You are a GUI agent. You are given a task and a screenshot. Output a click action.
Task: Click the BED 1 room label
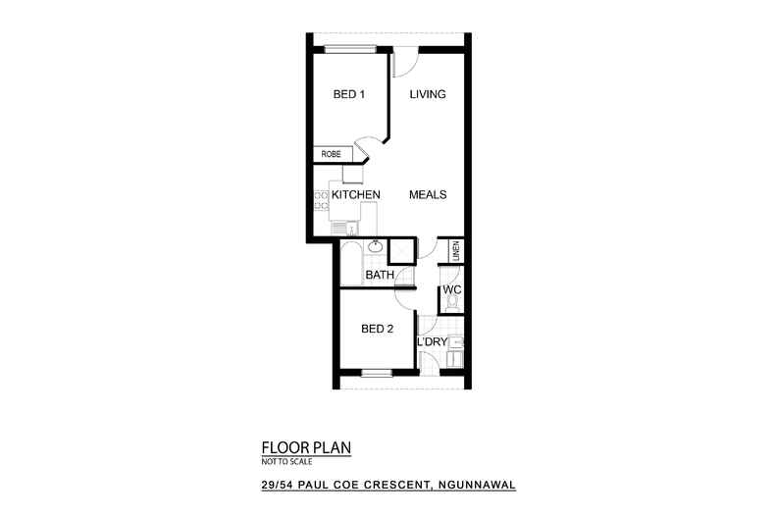[x=349, y=95]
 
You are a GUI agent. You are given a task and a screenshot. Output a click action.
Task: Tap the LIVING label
[x=428, y=95]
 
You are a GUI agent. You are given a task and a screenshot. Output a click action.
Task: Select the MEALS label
[x=428, y=195]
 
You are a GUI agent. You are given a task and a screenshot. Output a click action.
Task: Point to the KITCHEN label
[x=355, y=195]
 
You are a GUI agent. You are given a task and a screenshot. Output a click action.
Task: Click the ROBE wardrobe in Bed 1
[x=331, y=154]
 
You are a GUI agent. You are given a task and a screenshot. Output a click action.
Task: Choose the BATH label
[x=380, y=276]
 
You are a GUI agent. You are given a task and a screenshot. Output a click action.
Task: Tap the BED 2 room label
[x=377, y=329]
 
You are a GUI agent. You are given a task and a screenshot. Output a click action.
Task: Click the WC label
[x=451, y=291]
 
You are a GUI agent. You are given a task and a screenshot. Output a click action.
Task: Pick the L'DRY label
[x=433, y=342]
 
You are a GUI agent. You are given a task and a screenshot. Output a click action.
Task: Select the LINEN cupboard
[x=455, y=250]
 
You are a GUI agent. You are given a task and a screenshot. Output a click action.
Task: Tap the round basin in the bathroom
[x=374, y=248]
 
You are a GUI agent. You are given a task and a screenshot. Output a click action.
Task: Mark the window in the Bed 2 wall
[x=376, y=373]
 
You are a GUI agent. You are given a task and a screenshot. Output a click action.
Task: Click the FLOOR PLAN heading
[x=305, y=446]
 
